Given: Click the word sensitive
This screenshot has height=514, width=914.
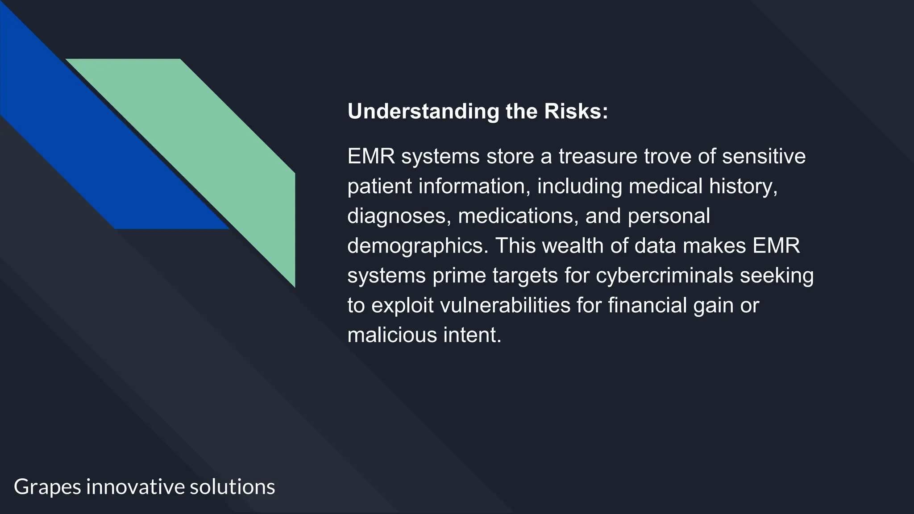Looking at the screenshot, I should pyautogui.click(x=764, y=156).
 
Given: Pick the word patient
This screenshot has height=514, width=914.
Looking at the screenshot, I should pyautogui.click(x=379, y=186).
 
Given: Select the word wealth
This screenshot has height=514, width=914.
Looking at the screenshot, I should pyautogui.click(x=573, y=246).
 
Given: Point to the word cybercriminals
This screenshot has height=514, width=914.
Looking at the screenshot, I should pyautogui.click(x=664, y=275).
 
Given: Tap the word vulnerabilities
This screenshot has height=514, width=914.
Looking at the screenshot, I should pyautogui.click(x=505, y=305).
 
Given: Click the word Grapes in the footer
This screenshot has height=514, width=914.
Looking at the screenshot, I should pyautogui.click(x=47, y=487).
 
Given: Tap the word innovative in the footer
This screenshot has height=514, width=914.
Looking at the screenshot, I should pyautogui.click(x=135, y=487).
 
